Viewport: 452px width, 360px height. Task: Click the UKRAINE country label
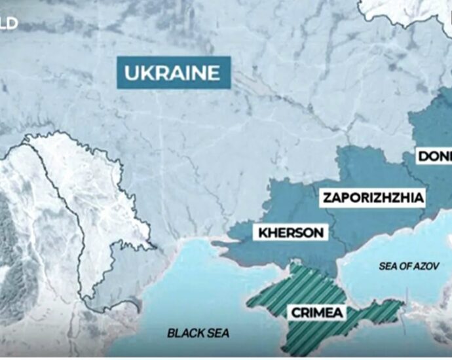pyautogui.click(x=173, y=73)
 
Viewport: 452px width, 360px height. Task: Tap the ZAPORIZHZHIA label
pyautogui.click(x=373, y=197)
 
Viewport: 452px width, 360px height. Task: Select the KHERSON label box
pyautogui.click(x=291, y=232)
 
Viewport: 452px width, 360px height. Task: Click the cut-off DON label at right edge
pyautogui.click(x=434, y=156)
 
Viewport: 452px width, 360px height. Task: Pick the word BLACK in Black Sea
pyautogui.click(x=183, y=333)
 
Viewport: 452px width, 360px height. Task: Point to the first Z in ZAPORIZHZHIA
pyautogui.click(x=326, y=197)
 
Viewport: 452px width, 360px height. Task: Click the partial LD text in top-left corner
pyautogui.click(x=9, y=24)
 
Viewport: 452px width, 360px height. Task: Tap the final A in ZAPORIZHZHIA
pyautogui.click(x=420, y=197)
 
